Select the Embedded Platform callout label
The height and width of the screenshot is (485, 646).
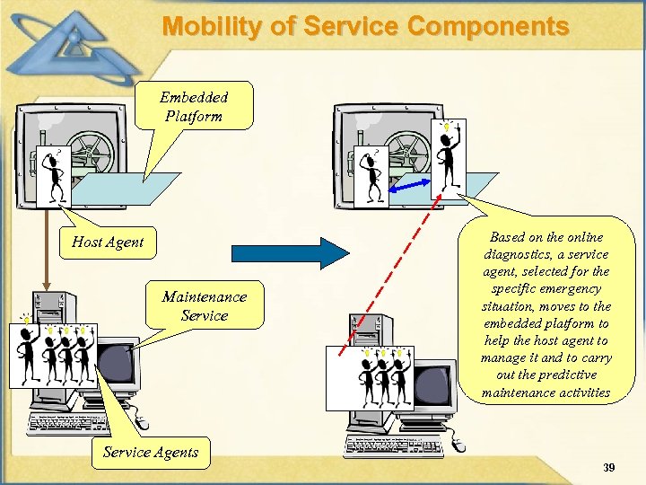coord(194,106)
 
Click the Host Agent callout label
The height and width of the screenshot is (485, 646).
coord(108,242)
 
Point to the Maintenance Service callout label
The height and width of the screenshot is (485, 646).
coord(204,305)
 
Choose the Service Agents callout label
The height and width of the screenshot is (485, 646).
coord(151,452)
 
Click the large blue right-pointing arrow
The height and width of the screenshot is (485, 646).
coord(290,252)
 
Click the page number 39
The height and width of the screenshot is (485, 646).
coord(609,468)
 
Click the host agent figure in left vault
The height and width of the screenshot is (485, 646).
coord(54,173)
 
